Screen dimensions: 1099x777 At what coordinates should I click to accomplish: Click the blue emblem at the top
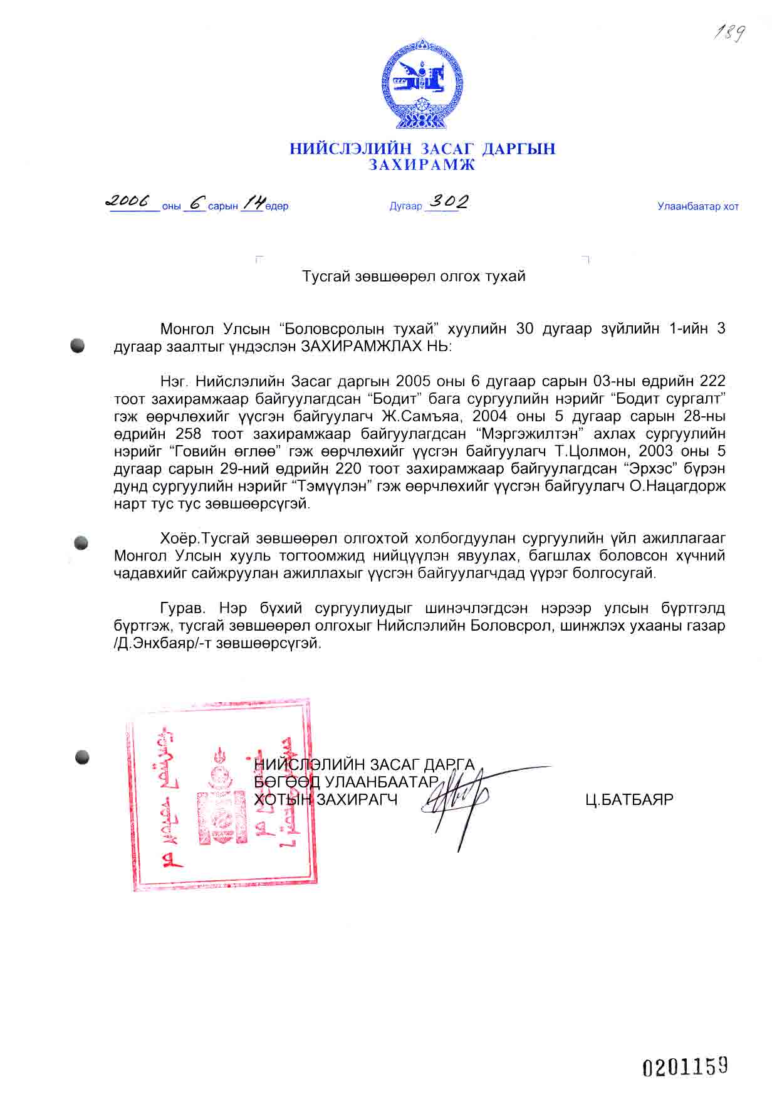[x=422, y=84]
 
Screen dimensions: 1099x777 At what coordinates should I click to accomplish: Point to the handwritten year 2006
[x=128, y=201]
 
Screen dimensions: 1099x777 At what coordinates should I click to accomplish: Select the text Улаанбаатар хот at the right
[x=697, y=206]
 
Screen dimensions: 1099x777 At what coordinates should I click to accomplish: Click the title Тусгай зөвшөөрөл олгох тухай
[x=414, y=276]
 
